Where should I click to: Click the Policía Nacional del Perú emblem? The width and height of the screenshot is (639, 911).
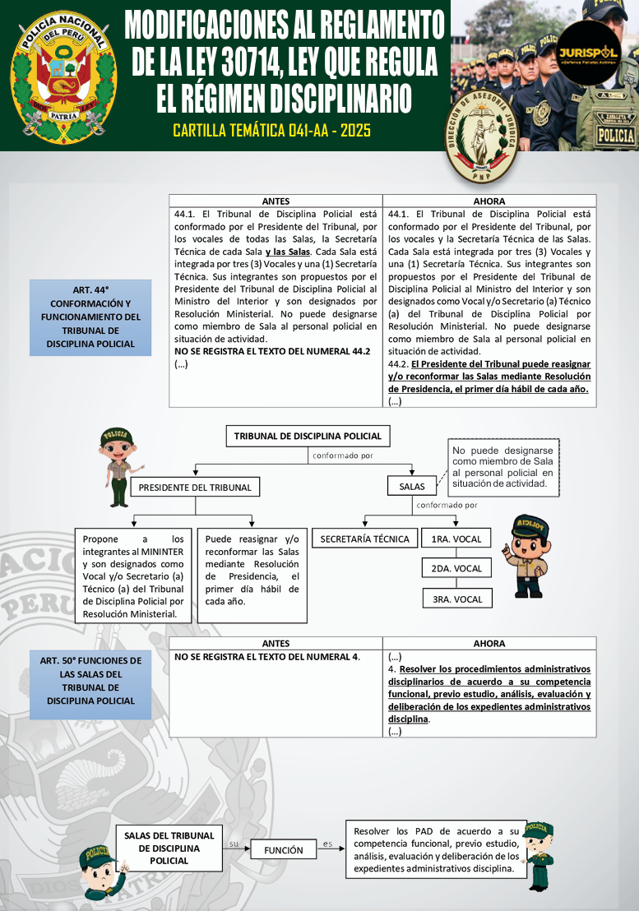[x=63, y=76]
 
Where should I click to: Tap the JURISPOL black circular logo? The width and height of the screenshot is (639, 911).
[x=588, y=53]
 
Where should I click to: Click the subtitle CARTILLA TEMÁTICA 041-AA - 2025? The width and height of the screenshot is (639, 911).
[x=272, y=130]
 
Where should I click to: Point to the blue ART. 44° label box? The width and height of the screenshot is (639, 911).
[x=90, y=317]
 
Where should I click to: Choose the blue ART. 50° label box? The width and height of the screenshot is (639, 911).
[x=90, y=681]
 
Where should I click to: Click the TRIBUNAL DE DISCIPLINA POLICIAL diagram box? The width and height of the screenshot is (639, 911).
[x=308, y=436]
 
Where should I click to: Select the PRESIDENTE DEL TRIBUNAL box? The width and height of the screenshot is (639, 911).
[x=195, y=488]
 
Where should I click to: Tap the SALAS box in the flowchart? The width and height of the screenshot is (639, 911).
[x=412, y=487]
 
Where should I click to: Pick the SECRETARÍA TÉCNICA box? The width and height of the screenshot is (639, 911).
[x=364, y=539]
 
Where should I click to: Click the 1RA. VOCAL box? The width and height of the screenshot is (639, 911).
[x=456, y=539]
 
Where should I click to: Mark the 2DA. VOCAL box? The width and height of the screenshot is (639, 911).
[x=456, y=568]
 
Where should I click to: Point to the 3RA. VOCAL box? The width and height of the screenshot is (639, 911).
[x=456, y=599]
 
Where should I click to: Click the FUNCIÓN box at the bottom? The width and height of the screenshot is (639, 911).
[x=283, y=850]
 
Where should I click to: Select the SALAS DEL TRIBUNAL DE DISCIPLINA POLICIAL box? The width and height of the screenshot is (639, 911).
[x=169, y=848]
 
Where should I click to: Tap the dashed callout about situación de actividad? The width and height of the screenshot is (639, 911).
[x=502, y=467]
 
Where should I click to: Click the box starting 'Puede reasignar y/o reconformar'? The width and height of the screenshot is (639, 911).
[x=252, y=574]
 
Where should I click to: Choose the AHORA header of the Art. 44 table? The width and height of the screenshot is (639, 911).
[x=489, y=201]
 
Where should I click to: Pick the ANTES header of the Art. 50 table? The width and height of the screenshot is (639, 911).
[x=276, y=643]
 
